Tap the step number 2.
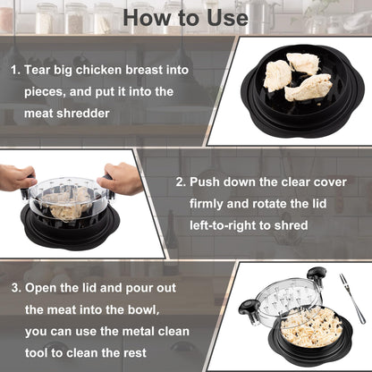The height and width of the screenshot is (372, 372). point(181,182)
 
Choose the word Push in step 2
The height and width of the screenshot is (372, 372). point(208,182)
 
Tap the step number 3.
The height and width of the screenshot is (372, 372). point(15,288)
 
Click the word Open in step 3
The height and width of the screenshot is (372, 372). point(43,288)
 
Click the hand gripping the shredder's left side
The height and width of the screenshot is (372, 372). point(16,176)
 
